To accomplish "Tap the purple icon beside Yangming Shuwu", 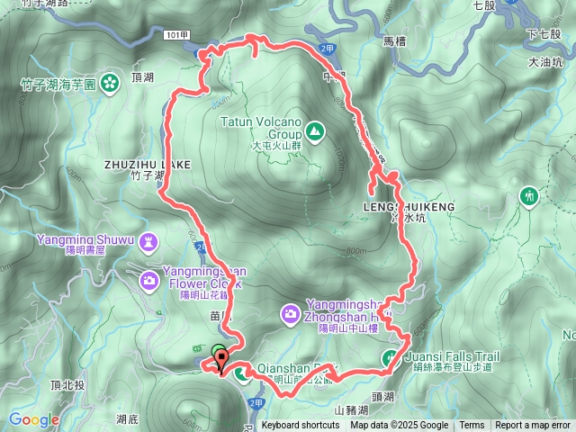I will coord(148,241).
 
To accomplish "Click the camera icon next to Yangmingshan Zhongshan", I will coord(291,314).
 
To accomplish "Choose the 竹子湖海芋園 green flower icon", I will coord(110,83).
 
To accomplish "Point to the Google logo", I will coord(34,419).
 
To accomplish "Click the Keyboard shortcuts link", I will coord(301,426).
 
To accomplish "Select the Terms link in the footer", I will coord(472,426).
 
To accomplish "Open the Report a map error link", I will coord(533,426).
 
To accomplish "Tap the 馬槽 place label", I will coord(395,41).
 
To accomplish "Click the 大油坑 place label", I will coord(545,63).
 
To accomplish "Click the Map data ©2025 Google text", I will coord(400,426).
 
